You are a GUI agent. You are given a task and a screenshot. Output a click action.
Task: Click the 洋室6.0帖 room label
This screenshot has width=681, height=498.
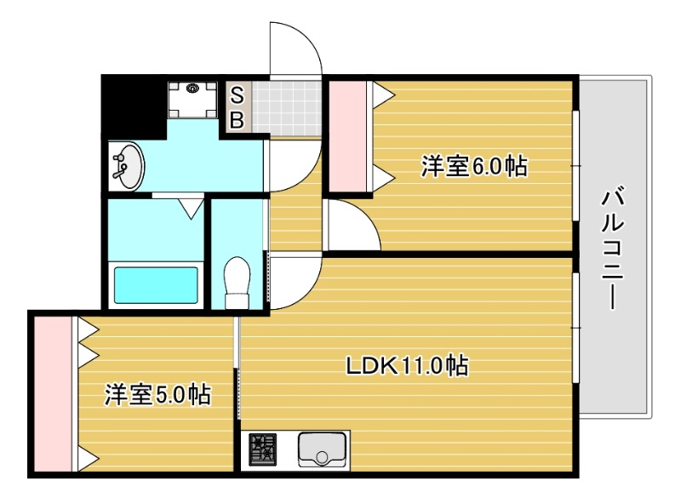(474, 166)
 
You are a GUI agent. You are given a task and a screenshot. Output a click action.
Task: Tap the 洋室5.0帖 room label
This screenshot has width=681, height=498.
(158, 395)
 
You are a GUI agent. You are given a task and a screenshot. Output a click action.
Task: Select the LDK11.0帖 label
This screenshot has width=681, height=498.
(407, 366)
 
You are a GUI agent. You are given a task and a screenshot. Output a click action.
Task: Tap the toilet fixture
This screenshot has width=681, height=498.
(237, 282)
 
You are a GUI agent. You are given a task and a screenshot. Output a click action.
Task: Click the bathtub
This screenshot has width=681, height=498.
(156, 283)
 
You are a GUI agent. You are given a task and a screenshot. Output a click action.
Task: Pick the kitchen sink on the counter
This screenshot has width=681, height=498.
(322, 449)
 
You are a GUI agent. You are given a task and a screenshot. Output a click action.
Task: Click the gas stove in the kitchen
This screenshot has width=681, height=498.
(263, 449)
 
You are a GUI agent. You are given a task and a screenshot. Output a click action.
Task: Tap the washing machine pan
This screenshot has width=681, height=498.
(193, 98)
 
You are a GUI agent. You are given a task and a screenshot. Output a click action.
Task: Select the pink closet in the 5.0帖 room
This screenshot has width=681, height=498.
(54, 392)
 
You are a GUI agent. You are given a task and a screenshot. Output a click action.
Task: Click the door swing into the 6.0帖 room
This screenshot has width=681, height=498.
(348, 227)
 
